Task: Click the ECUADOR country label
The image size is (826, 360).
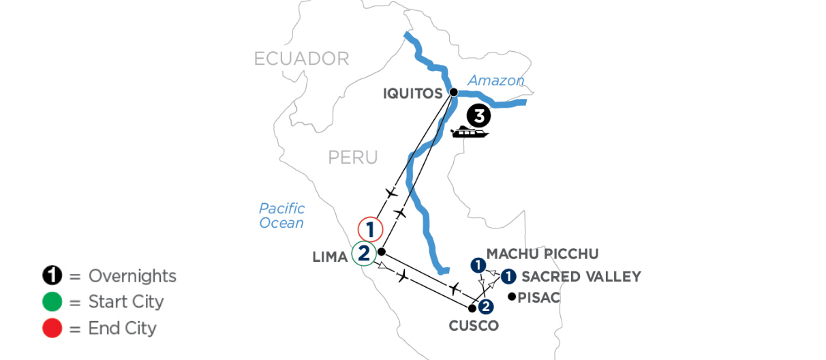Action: (302, 59)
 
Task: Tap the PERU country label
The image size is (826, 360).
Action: (353, 157)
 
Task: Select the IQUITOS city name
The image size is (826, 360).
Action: (412, 93)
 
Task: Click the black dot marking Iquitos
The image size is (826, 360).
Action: (454, 92)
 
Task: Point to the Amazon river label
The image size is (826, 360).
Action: (495, 80)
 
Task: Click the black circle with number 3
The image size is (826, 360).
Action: (478, 116)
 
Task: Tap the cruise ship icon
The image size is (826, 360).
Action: (470, 132)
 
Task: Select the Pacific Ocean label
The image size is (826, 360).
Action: (281, 215)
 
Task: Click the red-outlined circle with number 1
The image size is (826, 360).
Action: (370, 229)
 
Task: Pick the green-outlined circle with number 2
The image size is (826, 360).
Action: (364, 254)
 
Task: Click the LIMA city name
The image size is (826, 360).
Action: (330, 257)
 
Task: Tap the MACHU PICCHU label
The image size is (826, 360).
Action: (542, 254)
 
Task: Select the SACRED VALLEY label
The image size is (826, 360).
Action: (581, 277)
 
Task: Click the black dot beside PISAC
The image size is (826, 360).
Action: (512, 296)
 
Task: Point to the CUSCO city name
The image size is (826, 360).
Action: (474, 326)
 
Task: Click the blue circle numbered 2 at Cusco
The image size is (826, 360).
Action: (486, 307)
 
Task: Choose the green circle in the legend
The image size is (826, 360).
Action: (52, 302)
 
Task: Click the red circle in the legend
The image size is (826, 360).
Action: (52, 328)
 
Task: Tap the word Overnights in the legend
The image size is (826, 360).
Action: (132, 276)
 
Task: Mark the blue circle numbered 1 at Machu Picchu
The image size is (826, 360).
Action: (478, 265)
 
